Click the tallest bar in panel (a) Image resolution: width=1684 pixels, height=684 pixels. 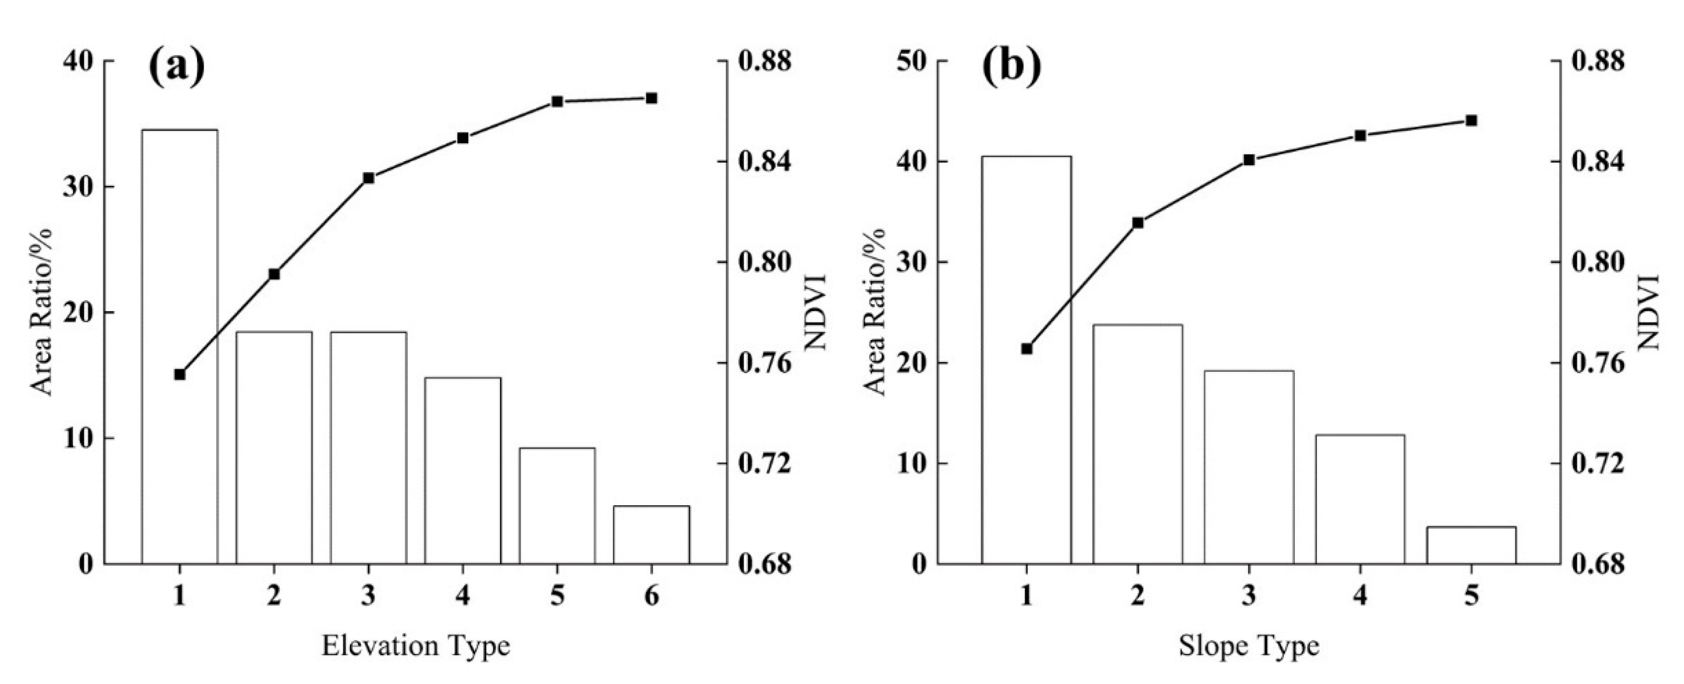coord(180,346)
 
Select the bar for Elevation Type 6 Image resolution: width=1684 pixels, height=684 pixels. coord(651,534)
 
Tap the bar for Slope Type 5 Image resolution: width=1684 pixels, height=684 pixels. coord(1471,545)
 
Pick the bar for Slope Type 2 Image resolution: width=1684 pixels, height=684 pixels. coord(1138,444)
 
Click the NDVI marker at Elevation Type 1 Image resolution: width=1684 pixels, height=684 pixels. coord(180,374)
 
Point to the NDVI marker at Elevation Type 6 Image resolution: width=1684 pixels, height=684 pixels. coord(651,98)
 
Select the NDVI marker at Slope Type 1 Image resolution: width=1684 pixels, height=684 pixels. coord(1026,349)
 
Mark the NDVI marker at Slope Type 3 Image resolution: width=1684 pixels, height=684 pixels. coord(1249,159)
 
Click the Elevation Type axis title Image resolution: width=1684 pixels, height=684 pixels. coord(416,646)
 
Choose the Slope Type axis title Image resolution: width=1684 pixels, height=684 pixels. coord(1249,646)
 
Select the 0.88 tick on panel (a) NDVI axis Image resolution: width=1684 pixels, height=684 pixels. coord(764,61)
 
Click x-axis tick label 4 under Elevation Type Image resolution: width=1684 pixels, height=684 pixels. coord(463,596)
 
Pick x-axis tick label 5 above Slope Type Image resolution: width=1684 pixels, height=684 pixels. coord(1471,596)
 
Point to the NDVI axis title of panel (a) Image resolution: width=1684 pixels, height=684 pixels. coord(815,312)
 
